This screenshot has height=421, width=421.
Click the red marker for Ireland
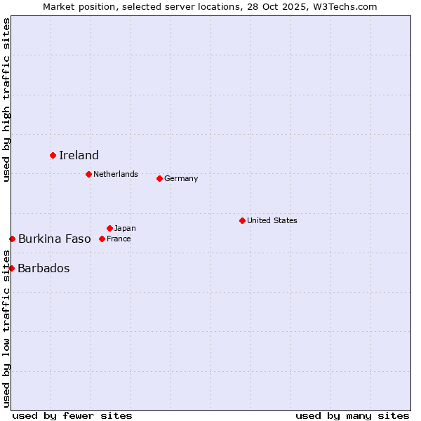coord(53,155)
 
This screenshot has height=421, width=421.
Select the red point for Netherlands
coord(88,174)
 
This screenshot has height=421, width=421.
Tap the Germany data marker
coord(159,178)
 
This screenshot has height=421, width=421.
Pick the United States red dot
coord(242,220)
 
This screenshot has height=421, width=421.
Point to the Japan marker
coord(109,228)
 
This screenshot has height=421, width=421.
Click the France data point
coord(102,239)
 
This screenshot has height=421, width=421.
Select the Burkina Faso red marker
coord(12,239)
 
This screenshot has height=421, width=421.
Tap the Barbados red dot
coord(11,268)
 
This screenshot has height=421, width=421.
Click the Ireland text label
coord(79,155)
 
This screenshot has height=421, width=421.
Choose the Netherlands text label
coord(116,174)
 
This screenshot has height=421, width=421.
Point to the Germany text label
coord(181,178)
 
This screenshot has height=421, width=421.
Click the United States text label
coord(272,220)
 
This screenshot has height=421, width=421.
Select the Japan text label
coord(125,228)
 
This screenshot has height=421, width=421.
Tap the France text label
coord(119,239)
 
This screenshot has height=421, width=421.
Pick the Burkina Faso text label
coord(55,239)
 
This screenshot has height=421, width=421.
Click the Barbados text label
coord(44,268)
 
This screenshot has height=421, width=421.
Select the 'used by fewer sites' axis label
coord(72,415)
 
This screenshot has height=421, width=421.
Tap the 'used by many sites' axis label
coord(352,415)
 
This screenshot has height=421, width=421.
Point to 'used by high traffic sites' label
coord(6,100)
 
